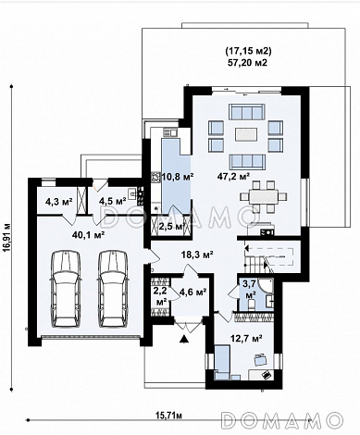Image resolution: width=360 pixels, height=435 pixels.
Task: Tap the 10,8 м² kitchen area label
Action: pos(178,177)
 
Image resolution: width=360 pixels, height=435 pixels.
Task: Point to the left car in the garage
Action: pos(66,289)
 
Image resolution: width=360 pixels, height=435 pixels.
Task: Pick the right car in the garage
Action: pos(113,289)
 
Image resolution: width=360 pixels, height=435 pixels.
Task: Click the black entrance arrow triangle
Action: pos(184,339)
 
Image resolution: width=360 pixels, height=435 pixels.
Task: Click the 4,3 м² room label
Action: pos(58,202)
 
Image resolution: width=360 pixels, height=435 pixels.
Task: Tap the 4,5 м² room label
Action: pos(112,202)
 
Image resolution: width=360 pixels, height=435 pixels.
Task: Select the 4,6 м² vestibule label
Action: pos(192,292)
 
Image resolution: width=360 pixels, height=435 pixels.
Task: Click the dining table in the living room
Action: pos(264,196)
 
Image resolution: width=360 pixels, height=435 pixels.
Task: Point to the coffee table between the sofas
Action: pos(247,134)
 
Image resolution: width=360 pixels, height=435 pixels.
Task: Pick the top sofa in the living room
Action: pos(247,112)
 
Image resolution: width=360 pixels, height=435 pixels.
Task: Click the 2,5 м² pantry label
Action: pos(170,227)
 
